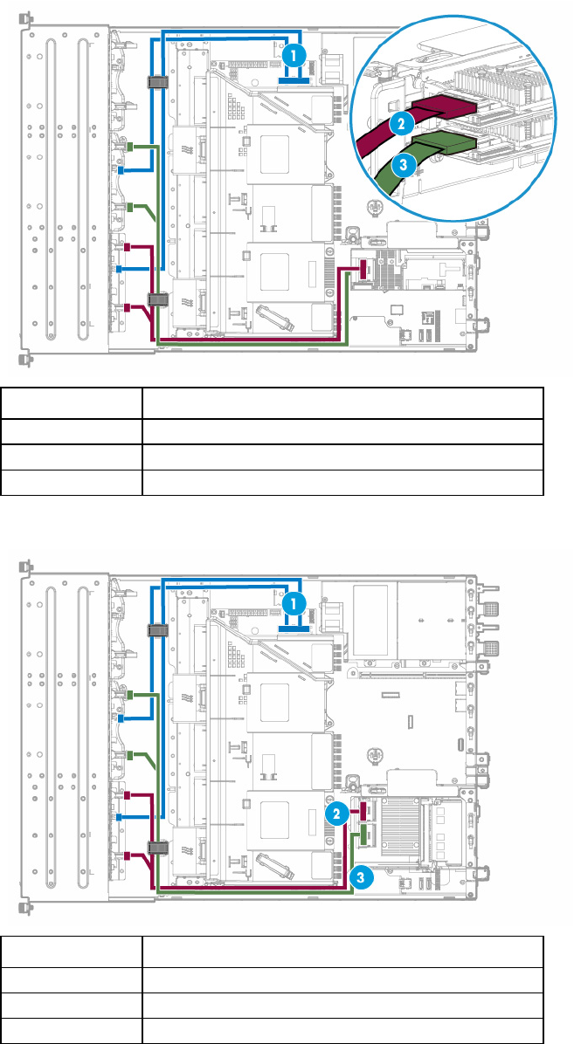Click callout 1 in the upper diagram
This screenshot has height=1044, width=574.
[x=294, y=56]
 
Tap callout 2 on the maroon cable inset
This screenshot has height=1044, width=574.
[x=401, y=122]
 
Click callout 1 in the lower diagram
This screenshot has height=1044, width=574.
[x=294, y=605]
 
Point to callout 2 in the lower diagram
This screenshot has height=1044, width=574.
[x=337, y=813]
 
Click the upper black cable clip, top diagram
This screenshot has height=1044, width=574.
[x=156, y=83]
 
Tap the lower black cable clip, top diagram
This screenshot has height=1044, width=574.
[x=156, y=299]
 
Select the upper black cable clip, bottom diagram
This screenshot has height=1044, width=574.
[x=156, y=630]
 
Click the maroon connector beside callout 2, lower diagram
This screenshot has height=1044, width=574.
[x=363, y=811]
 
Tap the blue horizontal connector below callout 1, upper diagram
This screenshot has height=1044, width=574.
[x=294, y=79]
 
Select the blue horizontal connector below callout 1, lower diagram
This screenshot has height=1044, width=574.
[x=294, y=628]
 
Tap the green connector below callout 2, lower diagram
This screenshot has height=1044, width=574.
[x=363, y=835]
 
